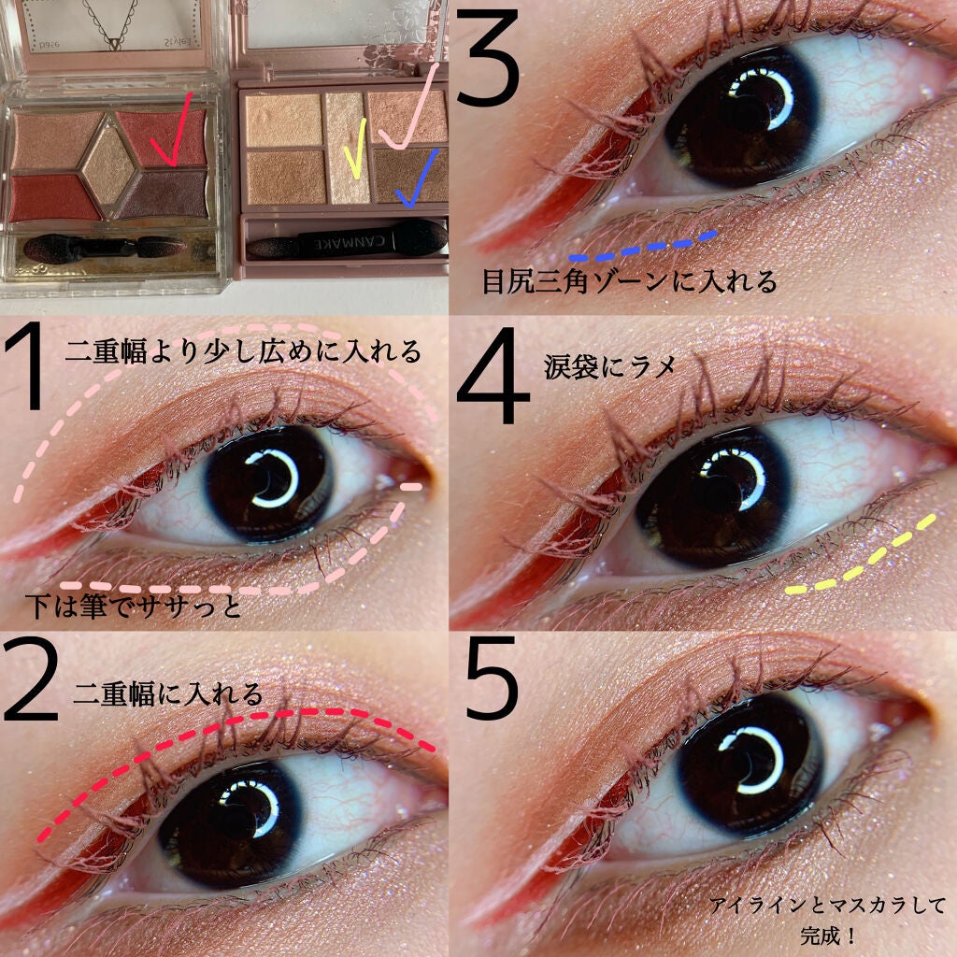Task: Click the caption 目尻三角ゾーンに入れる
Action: [629, 282]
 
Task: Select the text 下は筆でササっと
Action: [135, 609]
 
